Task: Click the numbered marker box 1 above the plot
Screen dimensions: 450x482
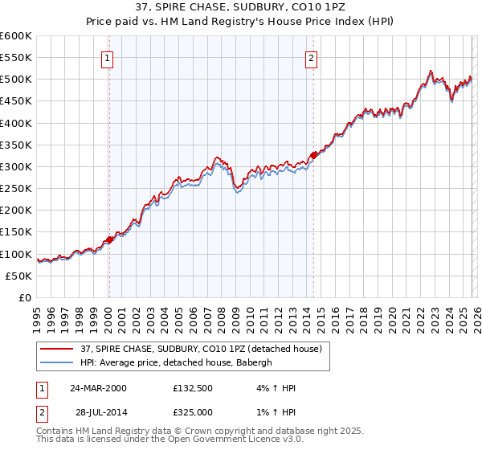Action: click(x=108, y=57)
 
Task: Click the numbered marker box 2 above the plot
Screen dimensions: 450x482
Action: click(x=311, y=57)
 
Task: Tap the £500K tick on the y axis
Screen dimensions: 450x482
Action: click(x=16, y=80)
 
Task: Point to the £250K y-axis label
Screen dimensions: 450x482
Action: click(x=16, y=189)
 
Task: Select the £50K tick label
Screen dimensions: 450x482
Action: click(x=19, y=276)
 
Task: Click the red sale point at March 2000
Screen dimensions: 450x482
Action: click(x=109, y=239)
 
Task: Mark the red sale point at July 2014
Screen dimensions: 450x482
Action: click(x=313, y=156)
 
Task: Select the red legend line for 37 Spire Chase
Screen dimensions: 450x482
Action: click(x=57, y=349)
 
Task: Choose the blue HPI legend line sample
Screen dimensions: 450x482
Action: click(x=57, y=362)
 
